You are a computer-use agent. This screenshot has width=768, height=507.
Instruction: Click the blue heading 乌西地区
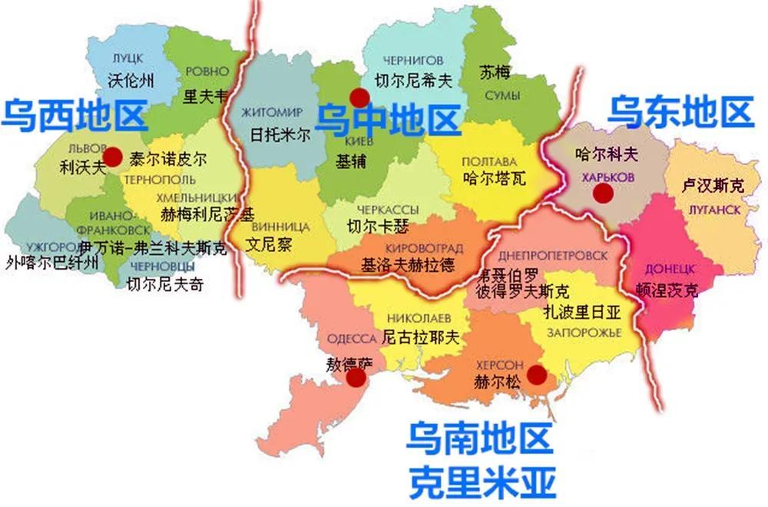(74, 115)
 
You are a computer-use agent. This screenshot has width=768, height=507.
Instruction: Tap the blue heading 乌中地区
(389, 121)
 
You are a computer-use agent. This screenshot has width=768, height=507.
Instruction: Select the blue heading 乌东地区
(680, 112)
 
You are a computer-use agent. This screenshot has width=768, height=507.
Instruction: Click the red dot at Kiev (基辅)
(359, 97)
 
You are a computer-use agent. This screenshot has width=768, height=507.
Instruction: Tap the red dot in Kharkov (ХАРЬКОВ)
(604, 194)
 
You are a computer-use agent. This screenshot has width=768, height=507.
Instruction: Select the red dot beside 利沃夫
(113, 157)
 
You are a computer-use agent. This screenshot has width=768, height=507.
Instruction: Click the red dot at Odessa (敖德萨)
(356, 378)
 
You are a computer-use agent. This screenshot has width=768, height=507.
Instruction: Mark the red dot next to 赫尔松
(537, 374)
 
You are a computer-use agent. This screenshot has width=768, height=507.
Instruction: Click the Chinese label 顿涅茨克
(668, 290)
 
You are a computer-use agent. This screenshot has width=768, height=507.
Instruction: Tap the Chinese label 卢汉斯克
(713, 185)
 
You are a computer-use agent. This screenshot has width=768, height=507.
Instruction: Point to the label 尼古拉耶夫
(420, 337)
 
